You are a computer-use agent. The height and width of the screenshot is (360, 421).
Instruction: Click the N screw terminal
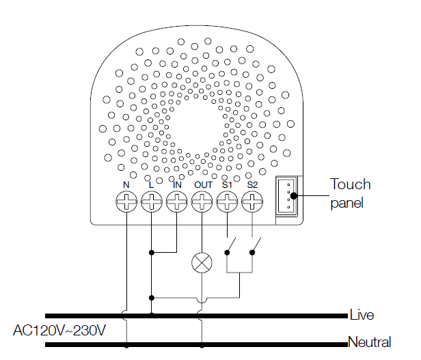point(126,202)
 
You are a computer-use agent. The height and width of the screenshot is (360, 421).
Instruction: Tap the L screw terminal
point(151,202)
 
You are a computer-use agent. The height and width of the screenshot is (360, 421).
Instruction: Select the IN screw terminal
point(176,202)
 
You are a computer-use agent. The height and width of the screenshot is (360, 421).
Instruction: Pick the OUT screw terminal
point(202,202)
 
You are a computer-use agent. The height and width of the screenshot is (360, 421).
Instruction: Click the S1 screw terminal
point(227,202)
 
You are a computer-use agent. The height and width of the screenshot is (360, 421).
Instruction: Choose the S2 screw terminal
point(252,202)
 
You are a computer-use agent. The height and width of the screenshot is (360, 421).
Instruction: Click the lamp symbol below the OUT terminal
point(202,262)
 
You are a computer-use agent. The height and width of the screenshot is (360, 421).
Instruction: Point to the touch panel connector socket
point(288,195)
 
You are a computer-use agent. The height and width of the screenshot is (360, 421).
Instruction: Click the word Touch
point(351,184)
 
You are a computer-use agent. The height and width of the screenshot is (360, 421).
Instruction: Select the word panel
point(347,203)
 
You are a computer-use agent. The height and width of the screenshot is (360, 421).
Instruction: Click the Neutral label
point(369,342)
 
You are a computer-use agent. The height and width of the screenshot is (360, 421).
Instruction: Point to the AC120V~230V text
point(60,331)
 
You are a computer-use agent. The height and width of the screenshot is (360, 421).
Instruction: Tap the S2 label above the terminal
point(252,184)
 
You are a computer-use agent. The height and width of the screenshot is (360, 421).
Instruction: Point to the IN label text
point(177,184)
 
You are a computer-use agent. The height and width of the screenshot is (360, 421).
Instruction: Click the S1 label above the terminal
point(227,184)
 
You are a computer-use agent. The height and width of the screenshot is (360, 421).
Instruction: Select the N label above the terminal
point(126,184)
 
